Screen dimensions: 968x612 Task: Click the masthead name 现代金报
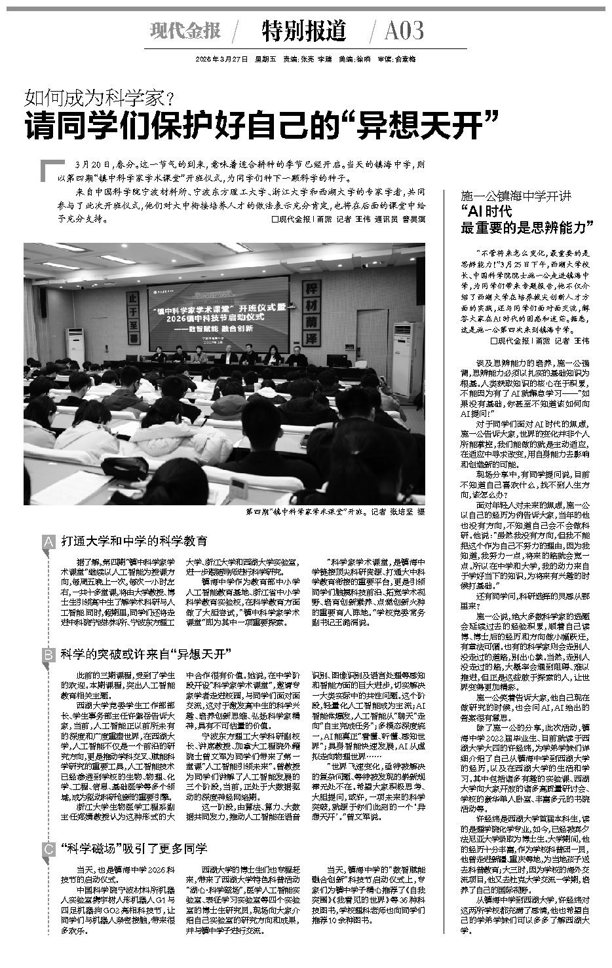[x=185, y=30]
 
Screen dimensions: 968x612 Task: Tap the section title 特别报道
[x=303, y=30]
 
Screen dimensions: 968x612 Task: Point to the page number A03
[x=404, y=30]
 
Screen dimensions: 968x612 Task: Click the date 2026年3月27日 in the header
[x=221, y=59]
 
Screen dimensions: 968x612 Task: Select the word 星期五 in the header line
[x=263, y=59]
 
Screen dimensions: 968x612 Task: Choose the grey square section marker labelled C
[x=48, y=850]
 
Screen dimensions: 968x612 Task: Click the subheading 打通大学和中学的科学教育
[x=134, y=541]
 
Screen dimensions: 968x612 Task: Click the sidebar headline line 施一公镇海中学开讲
[x=516, y=196]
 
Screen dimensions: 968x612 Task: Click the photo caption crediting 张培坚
[x=335, y=512]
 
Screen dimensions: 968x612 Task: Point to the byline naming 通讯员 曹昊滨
[x=400, y=220]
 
